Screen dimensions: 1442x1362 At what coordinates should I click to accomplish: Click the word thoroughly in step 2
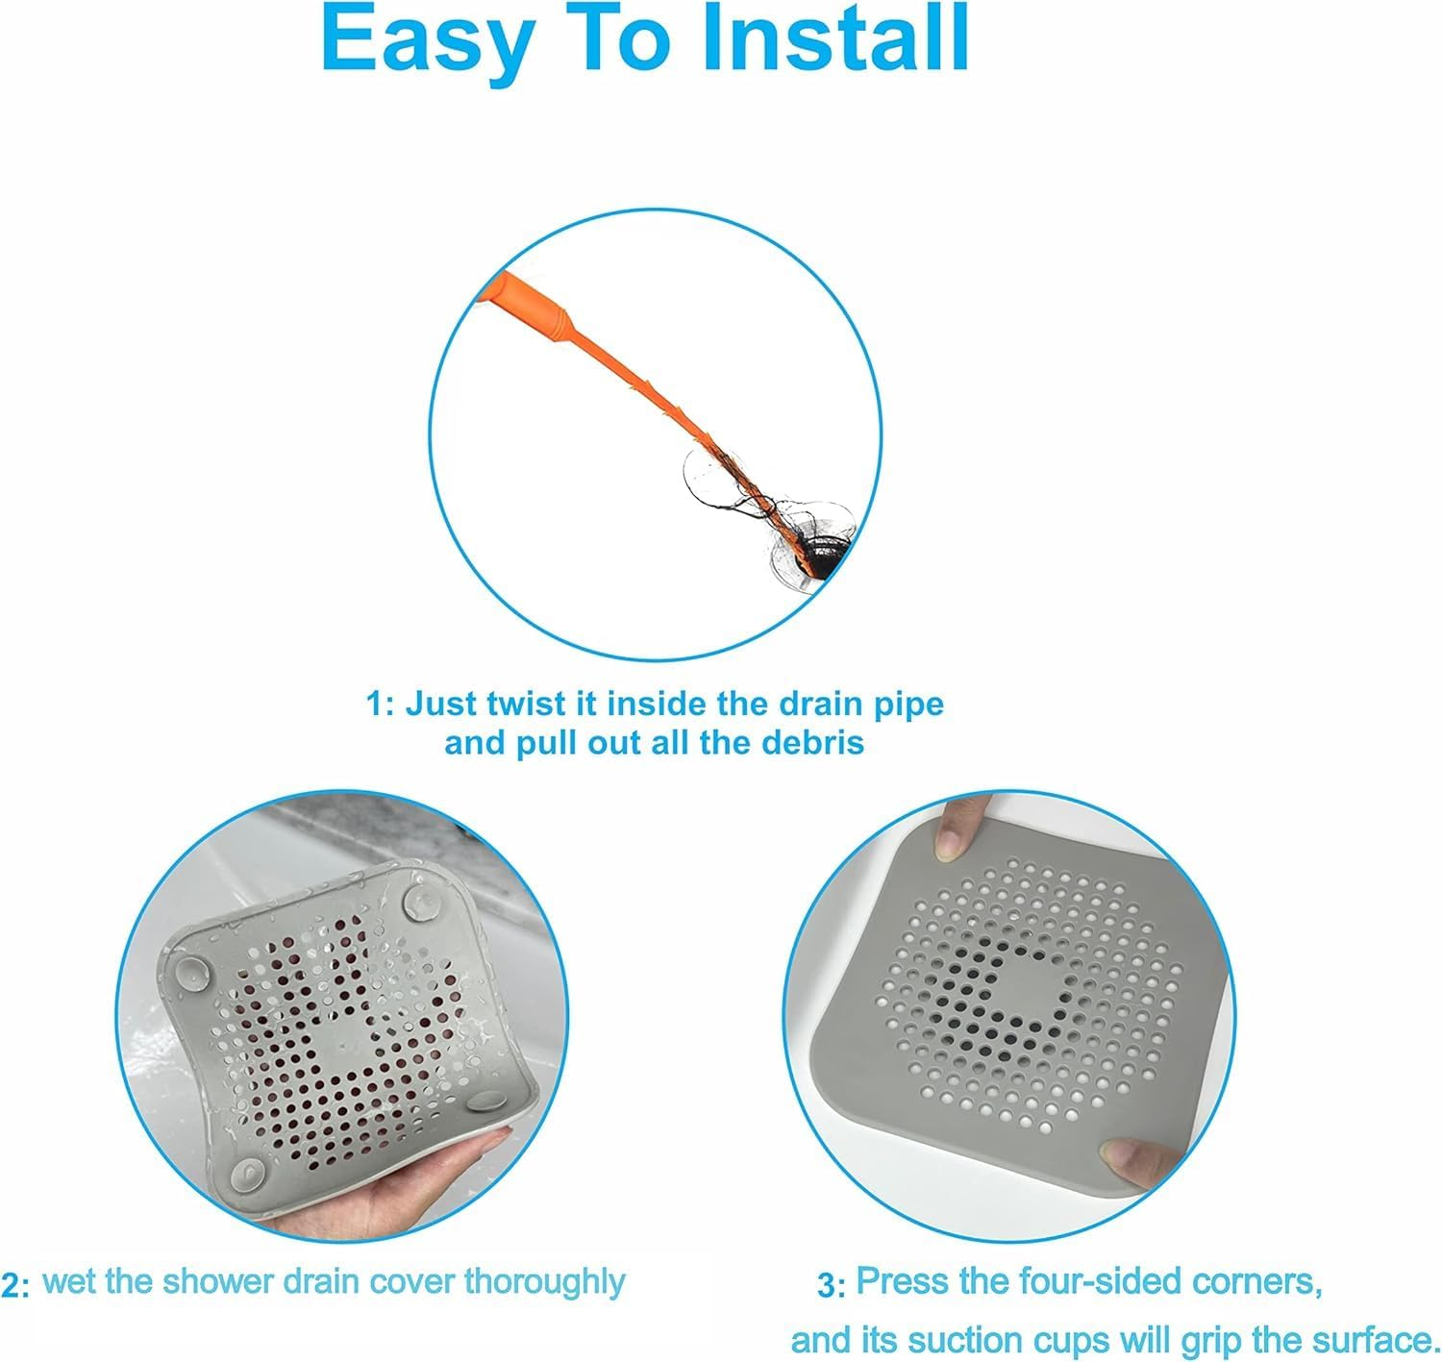click(x=544, y=1282)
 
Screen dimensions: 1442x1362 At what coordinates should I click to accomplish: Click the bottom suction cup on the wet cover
click(x=247, y=1173)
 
